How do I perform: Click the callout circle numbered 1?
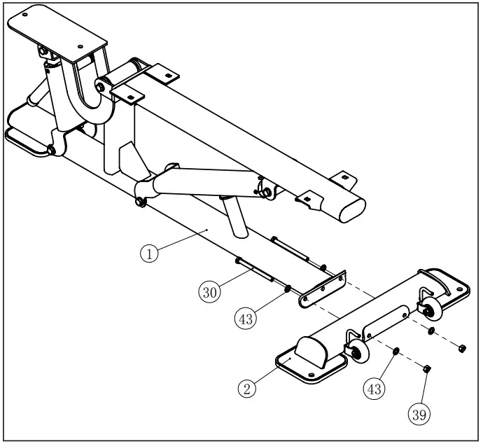(x=150, y=253)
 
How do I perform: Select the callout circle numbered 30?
(x=209, y=292)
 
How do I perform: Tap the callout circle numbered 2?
(x=246, y=388)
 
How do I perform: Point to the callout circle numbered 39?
(x=419, y=414)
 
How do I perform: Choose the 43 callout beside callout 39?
(x=374, y=387)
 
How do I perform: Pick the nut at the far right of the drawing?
(x=463, y=347)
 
